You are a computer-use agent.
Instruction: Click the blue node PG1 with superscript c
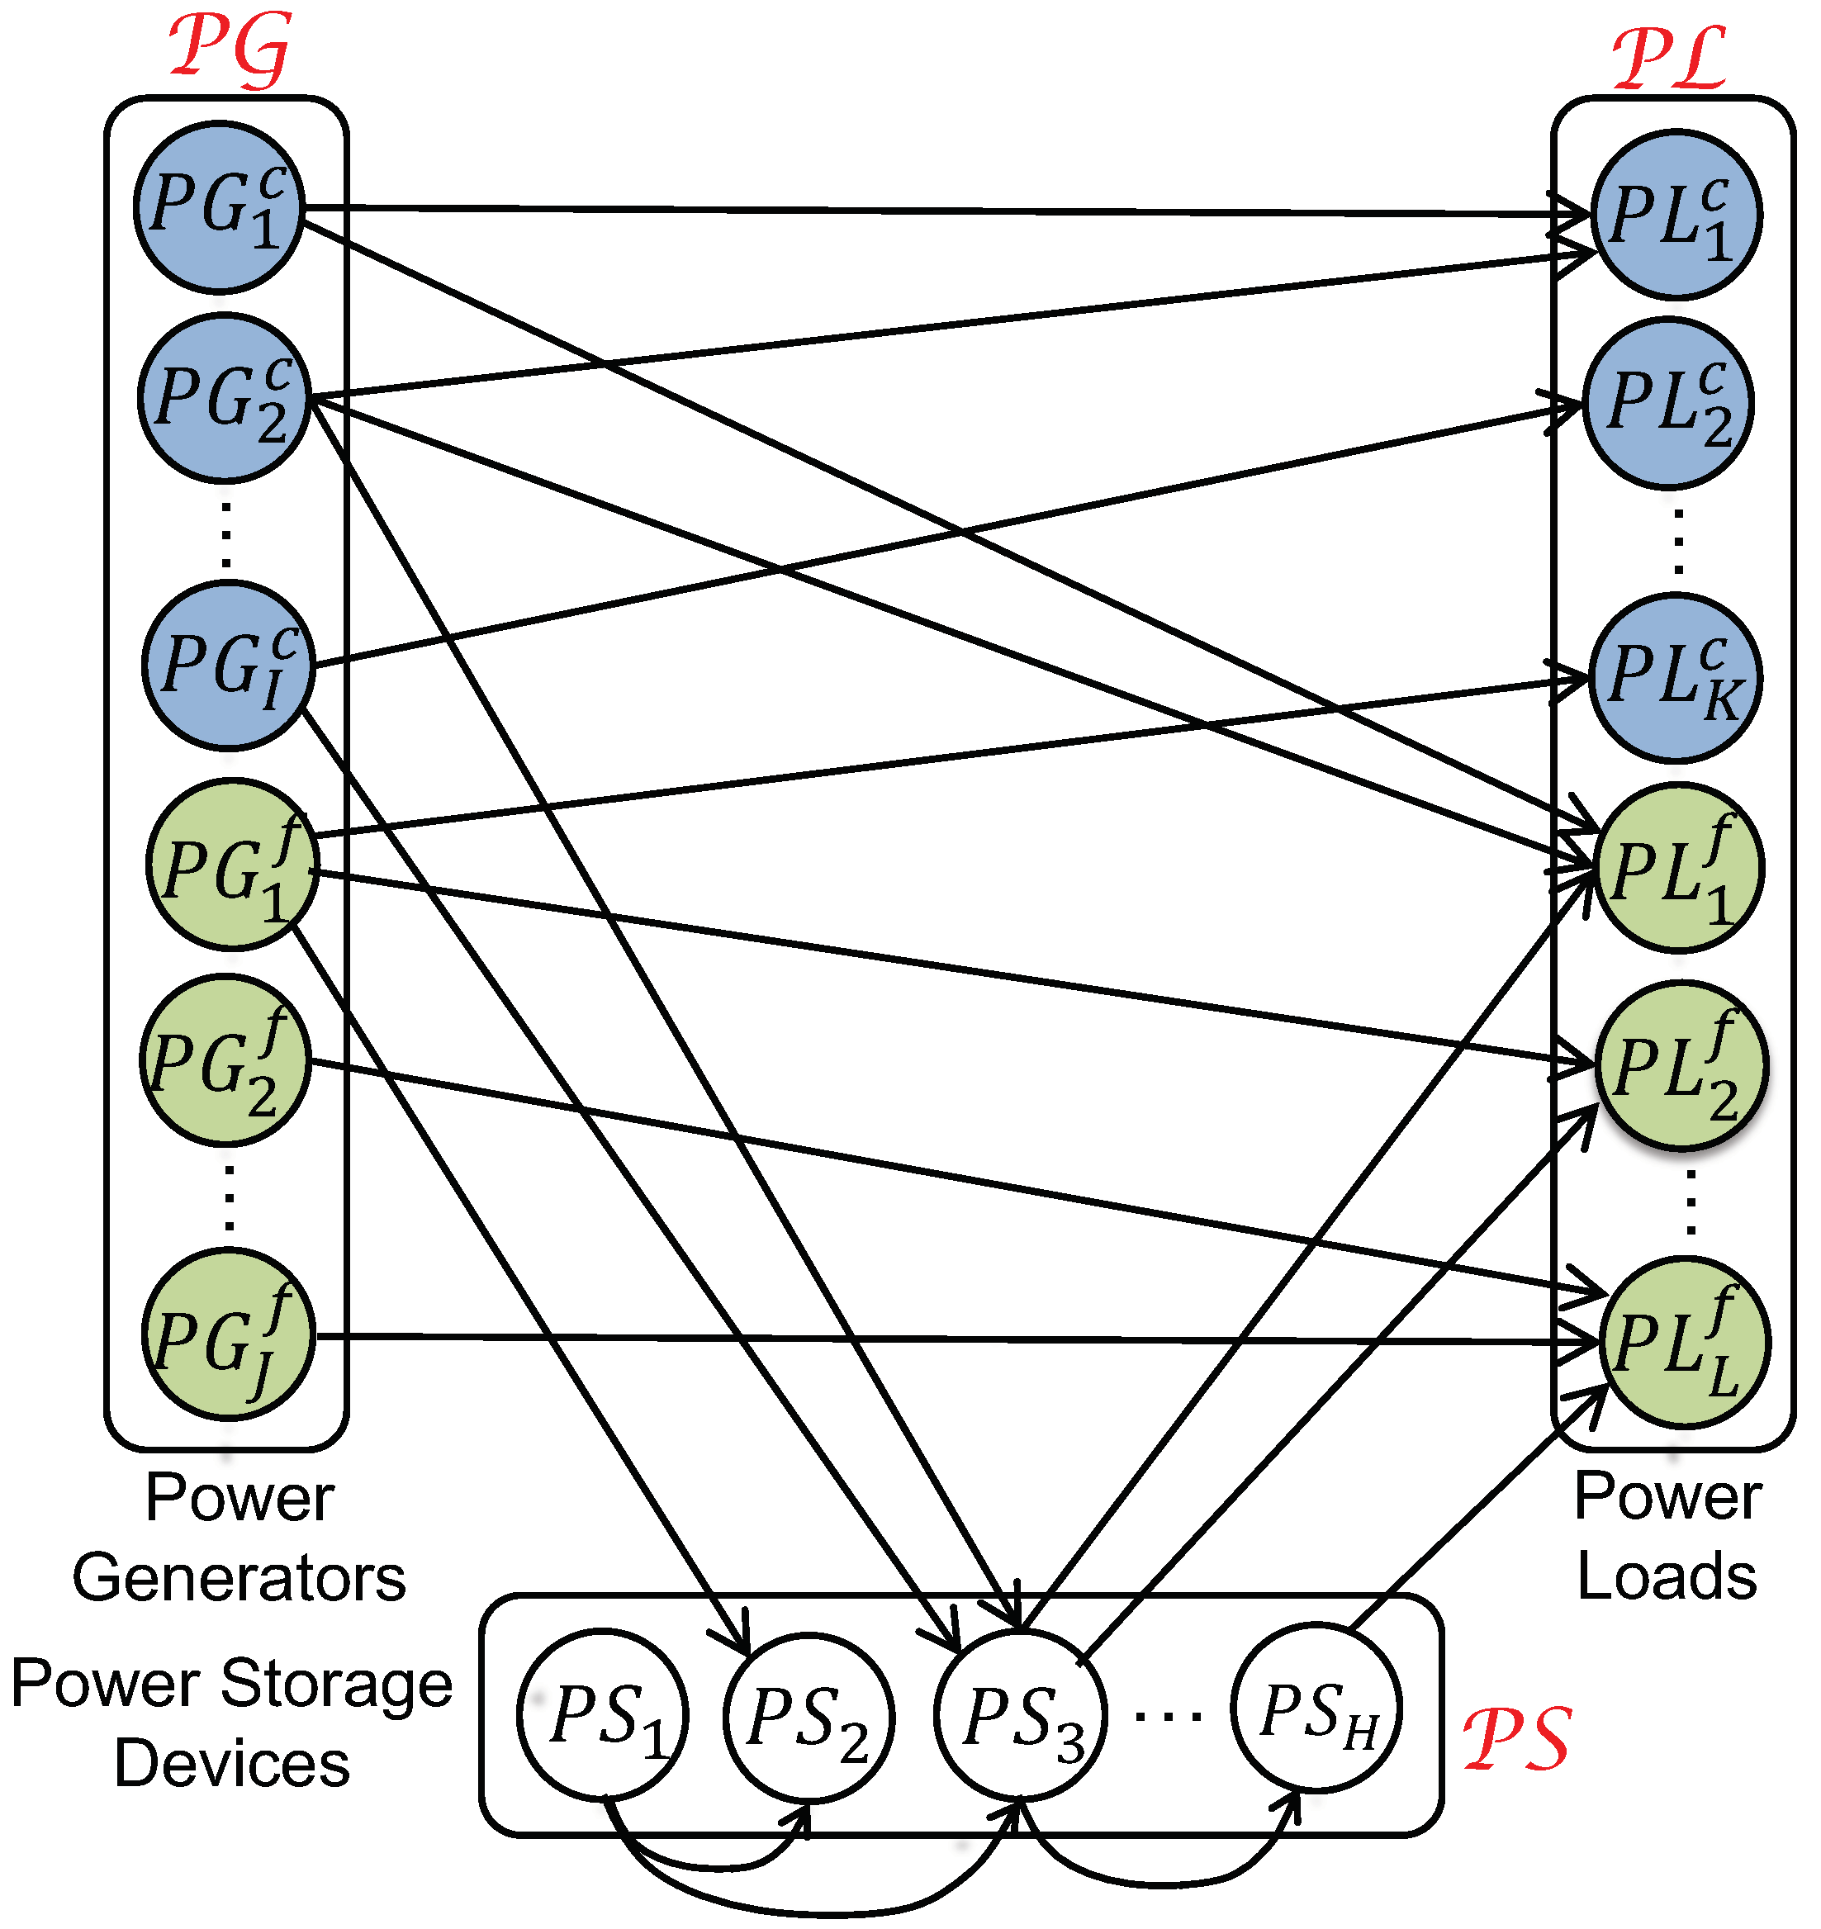[220, 206]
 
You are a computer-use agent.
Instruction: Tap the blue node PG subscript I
[228, 666]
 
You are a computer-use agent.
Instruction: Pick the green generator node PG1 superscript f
[232, 864]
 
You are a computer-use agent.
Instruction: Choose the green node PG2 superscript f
[225, 1060]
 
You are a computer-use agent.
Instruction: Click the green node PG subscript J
[229, 1336]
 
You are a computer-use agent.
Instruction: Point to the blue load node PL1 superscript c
[1676, 215]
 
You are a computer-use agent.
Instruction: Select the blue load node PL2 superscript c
[1668, 403]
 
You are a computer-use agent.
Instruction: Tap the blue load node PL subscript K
[1675, 679]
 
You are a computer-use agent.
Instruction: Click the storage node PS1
[603, 1717]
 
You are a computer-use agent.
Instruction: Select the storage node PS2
[808, 1717]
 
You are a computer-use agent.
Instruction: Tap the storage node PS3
[1020, 1717]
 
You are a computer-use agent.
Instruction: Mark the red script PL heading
[1670, 59]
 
